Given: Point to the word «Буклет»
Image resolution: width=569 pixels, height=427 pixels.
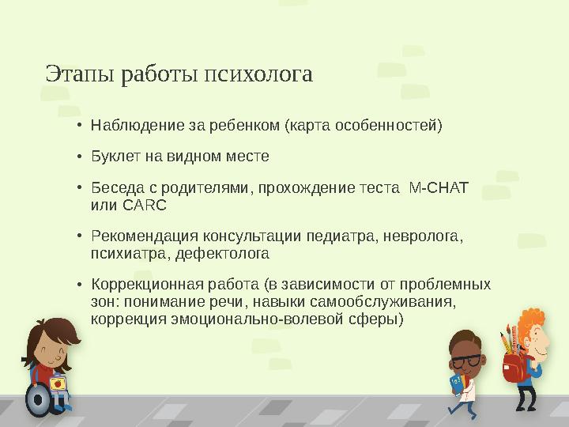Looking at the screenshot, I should click(x=114, y=157).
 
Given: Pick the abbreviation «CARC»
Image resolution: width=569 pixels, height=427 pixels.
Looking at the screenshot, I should click(x=144, y=206).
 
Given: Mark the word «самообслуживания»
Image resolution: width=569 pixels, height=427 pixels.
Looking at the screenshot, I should click(x=396, y=302).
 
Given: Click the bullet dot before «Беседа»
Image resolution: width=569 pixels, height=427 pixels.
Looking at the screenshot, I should click(x=80, y=189).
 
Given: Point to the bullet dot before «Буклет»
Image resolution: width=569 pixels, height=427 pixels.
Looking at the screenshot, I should click(x=80, y=157).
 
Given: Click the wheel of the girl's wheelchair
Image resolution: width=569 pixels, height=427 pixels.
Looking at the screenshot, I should click(x=37, y=399).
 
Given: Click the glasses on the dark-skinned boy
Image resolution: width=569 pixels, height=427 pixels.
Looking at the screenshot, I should click(x=465, y=361).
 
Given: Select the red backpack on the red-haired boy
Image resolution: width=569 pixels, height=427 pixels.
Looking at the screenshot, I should click(x=514, y=367).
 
